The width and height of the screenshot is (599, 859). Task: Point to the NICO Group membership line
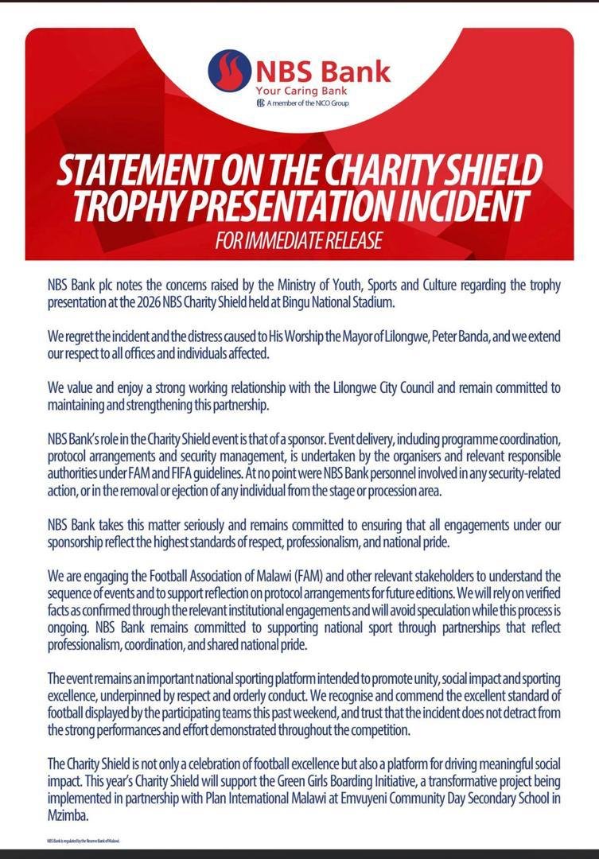(x=307, y=103)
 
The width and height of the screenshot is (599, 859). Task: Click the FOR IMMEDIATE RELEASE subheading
(x=299, y=239)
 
